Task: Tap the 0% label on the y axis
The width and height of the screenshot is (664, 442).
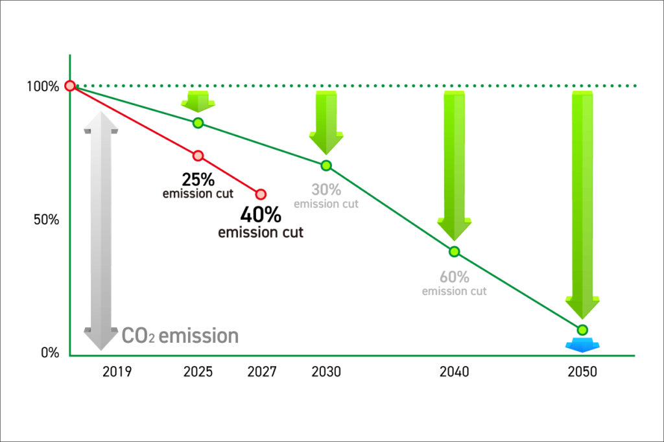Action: (51, 353)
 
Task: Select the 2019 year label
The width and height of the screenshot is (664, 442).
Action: (117, 372)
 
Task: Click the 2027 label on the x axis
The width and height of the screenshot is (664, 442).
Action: (262, 372)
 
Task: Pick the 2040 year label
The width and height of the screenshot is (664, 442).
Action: (454, 372)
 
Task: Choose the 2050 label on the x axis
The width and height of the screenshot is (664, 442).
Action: (582, 372)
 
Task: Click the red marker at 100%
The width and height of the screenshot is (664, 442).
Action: (70, 86)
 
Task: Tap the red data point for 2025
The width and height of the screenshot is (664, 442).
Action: (198, 156)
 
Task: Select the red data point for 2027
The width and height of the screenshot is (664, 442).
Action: (261, 194)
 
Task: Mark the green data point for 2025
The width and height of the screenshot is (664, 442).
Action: (198, 123)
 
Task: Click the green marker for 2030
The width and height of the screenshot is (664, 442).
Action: (326, 165)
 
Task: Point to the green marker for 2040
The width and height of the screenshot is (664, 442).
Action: (454, 251)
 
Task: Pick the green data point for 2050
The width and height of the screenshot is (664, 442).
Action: (582, 330)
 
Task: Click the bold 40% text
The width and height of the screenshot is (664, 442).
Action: (261, 215)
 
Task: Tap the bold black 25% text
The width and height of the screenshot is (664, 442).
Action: (198, 180)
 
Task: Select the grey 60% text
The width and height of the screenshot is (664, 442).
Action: (454, 277)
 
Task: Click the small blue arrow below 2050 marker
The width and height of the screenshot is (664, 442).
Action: (582, 345)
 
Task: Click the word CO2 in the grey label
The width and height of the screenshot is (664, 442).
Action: (138, 336)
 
